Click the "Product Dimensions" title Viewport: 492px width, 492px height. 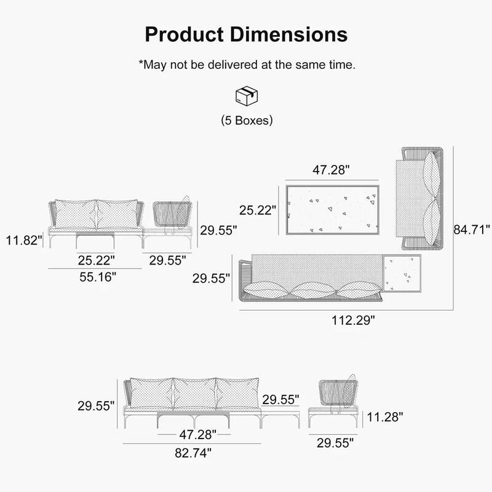[246, 34]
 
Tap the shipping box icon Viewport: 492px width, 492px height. [246, 95]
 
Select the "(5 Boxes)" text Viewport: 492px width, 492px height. [246, 121]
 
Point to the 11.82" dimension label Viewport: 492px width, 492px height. [23, 239]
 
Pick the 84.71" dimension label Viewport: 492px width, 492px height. [472, 230]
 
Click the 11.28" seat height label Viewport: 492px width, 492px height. [385, 417]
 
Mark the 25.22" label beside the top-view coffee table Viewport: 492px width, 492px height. [258, 210]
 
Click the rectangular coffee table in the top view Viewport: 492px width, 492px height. [332, 209]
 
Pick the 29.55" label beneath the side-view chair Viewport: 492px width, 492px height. [335, 442]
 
